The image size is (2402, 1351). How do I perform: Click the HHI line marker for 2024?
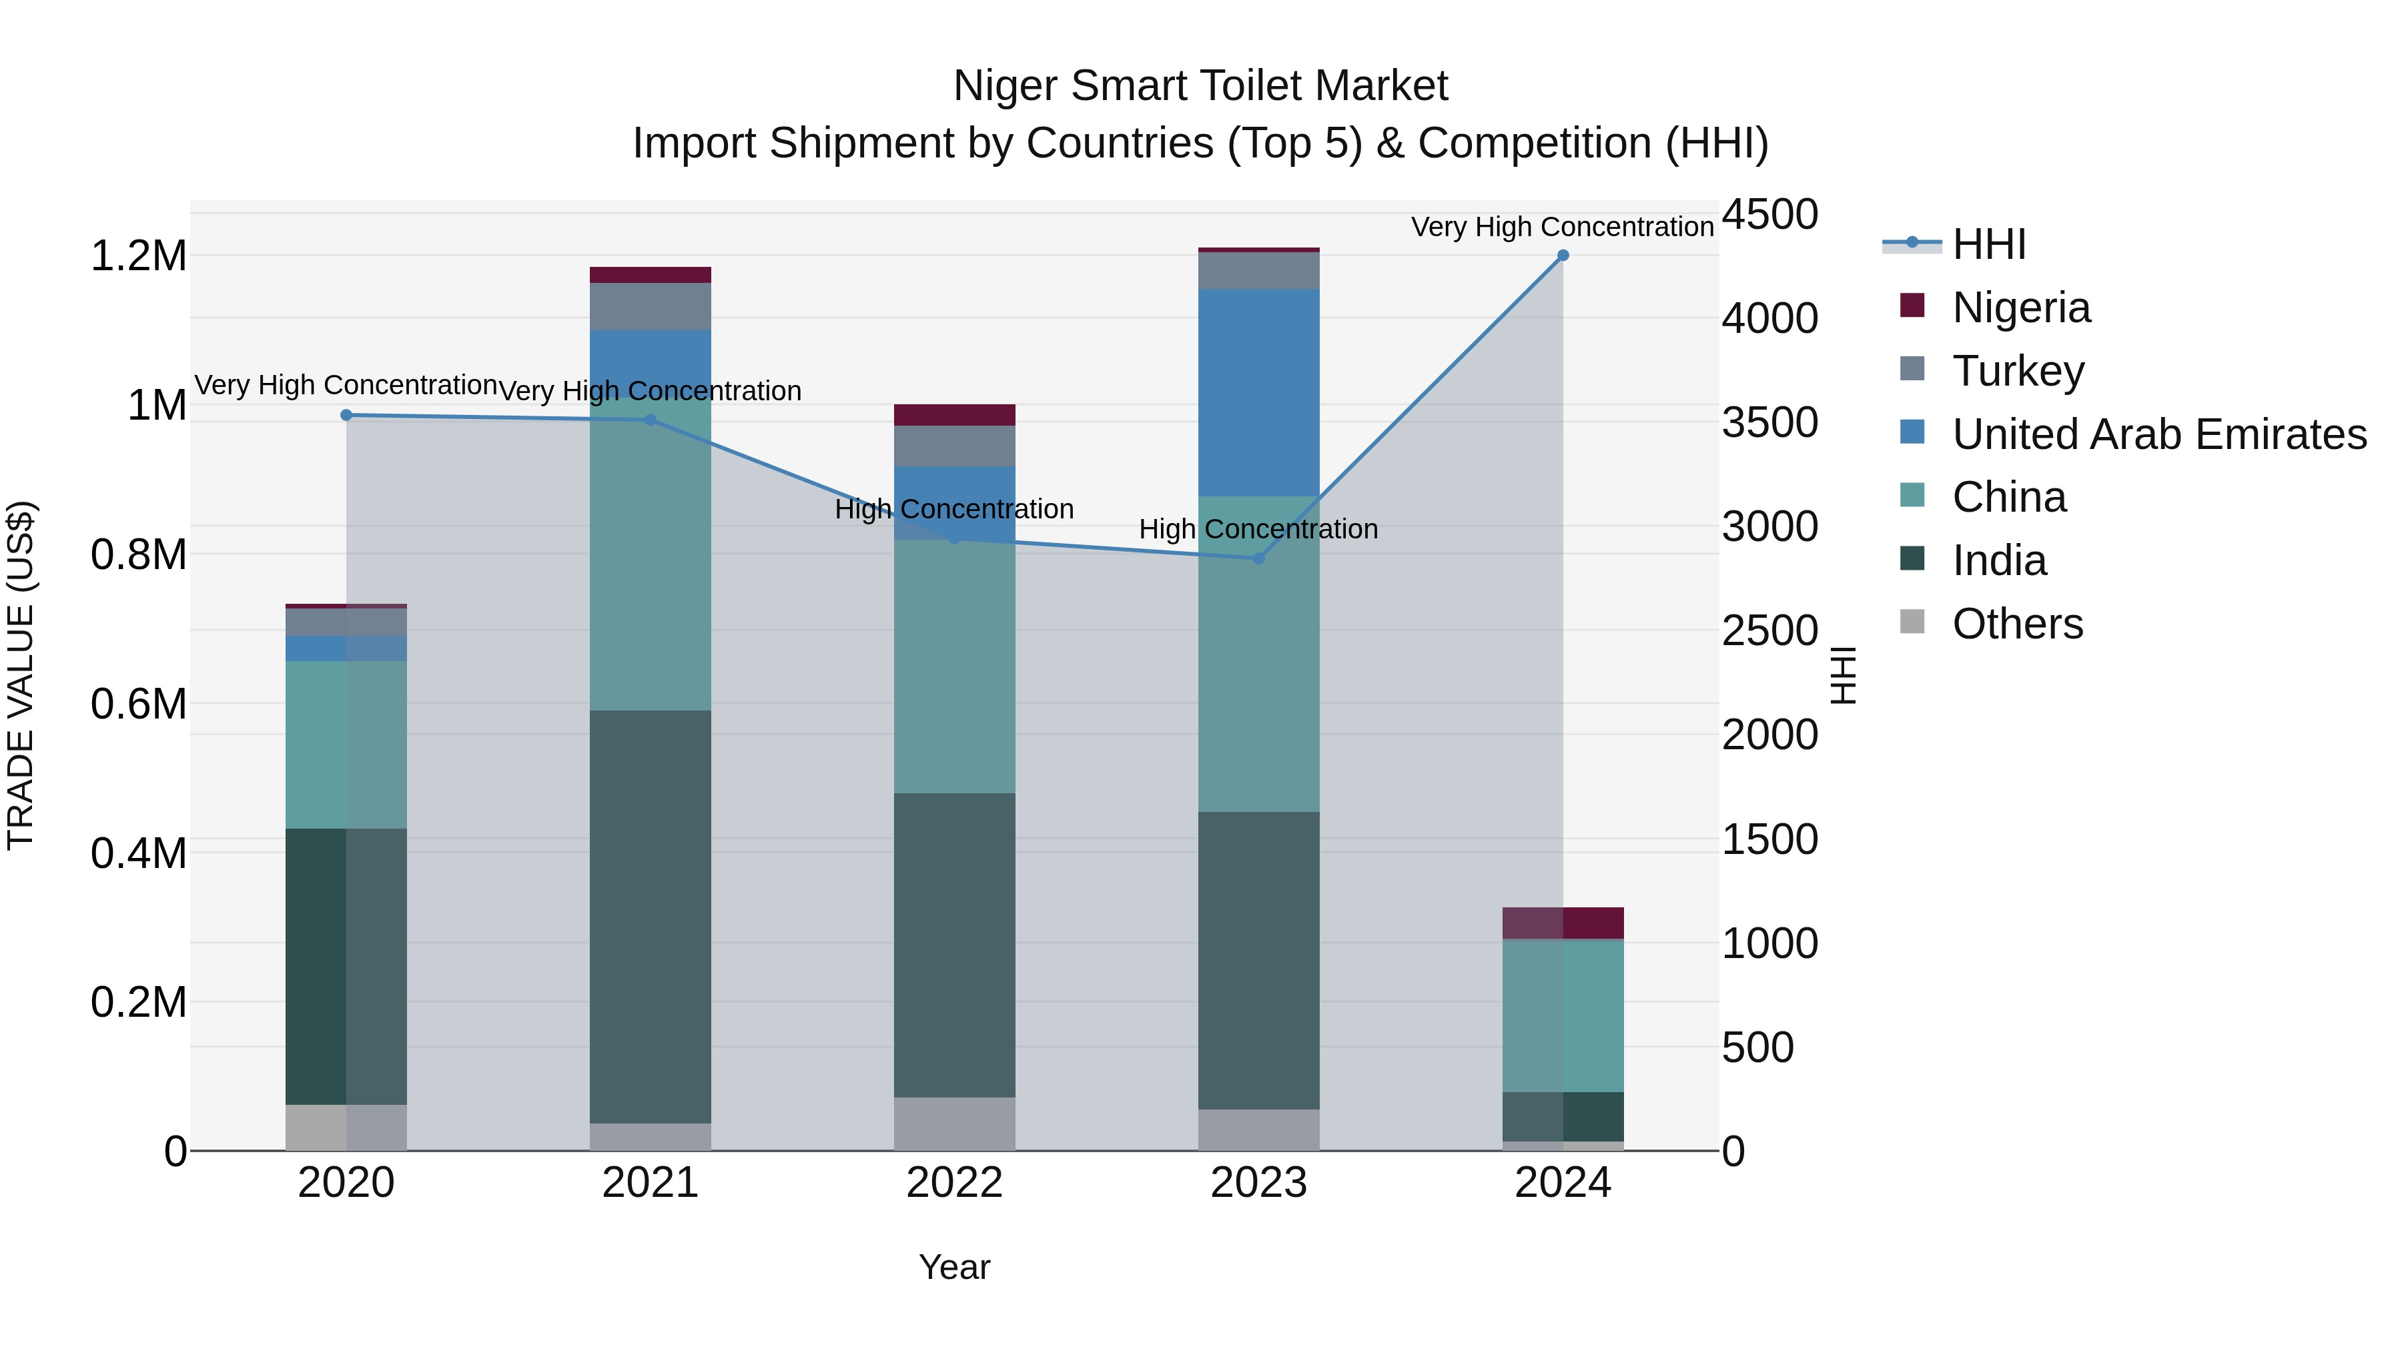[x=1563, y=256]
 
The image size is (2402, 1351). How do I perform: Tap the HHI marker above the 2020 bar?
[x=346, y=415]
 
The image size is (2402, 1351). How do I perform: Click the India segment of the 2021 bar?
[x=650, y=917]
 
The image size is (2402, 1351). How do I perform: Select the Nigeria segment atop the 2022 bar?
[x=954, y=415]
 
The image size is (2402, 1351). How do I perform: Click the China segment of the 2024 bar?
[x=1563, y=1016]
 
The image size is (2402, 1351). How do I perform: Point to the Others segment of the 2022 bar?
[x=954, y=1123]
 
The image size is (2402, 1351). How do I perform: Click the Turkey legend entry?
[x=2017, y=371]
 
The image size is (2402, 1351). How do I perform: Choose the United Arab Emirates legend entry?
[x=2158, y=434]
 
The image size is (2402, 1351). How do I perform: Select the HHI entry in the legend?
[x=1988, y=244]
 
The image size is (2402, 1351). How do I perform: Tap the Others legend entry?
[x=2017, y=624]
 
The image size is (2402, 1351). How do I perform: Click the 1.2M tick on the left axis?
[x=138, y=256]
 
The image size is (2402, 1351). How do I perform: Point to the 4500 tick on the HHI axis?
[x=1769, y=214]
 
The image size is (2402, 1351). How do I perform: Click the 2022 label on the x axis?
[x=954, y=1183]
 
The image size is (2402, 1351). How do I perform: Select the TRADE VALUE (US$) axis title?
[x=21, y=675]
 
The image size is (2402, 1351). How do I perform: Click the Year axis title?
[x=954, y=1267]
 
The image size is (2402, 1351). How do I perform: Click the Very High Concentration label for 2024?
[x=1562, y=227]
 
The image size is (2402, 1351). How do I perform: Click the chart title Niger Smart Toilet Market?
[x=1200, y=86]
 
